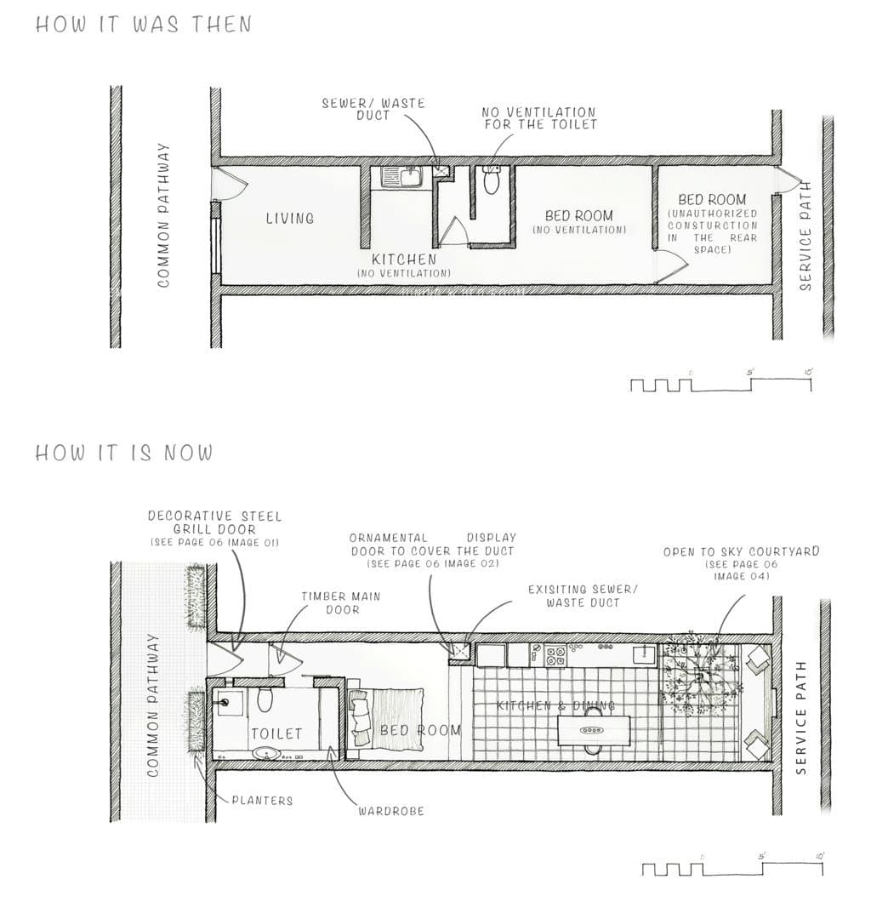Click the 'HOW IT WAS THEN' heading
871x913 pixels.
pos(144,24)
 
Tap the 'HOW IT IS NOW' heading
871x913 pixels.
pos(124,452)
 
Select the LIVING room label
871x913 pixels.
pos(290,219)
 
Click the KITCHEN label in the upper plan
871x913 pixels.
pos(404,259)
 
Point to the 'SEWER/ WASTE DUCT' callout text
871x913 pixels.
pos(373,109)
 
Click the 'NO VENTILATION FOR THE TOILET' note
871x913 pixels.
pos(540,118)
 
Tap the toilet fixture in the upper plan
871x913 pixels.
pos(492,180)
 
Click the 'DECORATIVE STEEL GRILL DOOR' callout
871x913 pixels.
pos(214,522)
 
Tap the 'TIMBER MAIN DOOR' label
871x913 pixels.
pos(341,602)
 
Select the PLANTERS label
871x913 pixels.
pos(262,801)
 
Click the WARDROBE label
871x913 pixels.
pos(391,811)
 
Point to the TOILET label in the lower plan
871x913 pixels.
pos(276,733)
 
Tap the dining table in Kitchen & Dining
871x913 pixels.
pos(594,730)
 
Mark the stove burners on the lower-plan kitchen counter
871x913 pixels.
pos(555,656)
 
